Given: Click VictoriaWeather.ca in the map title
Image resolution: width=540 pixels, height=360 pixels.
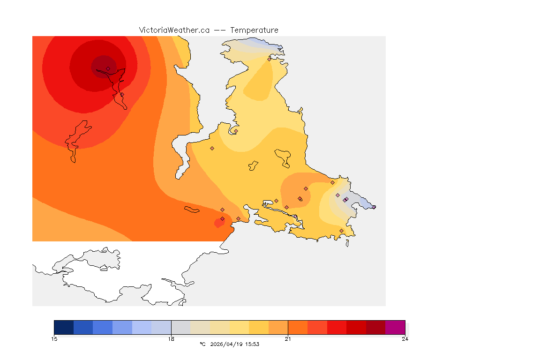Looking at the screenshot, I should pyautogui.click(x=174, y=30).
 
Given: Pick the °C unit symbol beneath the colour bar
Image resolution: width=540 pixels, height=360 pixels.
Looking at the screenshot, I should pyautogui.click(x=202, y=344).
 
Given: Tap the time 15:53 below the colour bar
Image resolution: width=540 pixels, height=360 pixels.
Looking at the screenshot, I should pyautogui.click(x=253, y=344).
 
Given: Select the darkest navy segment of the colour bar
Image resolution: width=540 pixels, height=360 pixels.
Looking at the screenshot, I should pyautogui.click(x=64, y=327).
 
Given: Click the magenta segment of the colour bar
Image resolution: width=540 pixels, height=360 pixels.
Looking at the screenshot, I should pyautogui.click(x=395, y=327).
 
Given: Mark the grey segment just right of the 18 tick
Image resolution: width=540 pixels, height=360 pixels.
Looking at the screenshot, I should pyautogui.click(x=181, y=327).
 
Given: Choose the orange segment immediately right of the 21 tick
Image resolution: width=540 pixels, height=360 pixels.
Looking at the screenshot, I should pyautogui.click(x=298, y=327).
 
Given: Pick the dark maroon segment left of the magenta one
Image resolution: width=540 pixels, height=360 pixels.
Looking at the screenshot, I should pyautogui.click(x=375, y=327).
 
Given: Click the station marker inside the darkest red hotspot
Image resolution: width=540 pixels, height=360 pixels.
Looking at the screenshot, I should pyautogui.click(x=108, y=68).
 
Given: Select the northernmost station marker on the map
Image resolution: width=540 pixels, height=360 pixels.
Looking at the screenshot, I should pyautogui.click(x=270, y=59).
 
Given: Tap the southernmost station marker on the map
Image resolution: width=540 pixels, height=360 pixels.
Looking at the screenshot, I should pyautogui.click(x=341, y=231).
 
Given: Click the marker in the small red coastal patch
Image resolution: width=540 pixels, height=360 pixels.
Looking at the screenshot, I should pyautogui.click(x=222, y=219).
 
